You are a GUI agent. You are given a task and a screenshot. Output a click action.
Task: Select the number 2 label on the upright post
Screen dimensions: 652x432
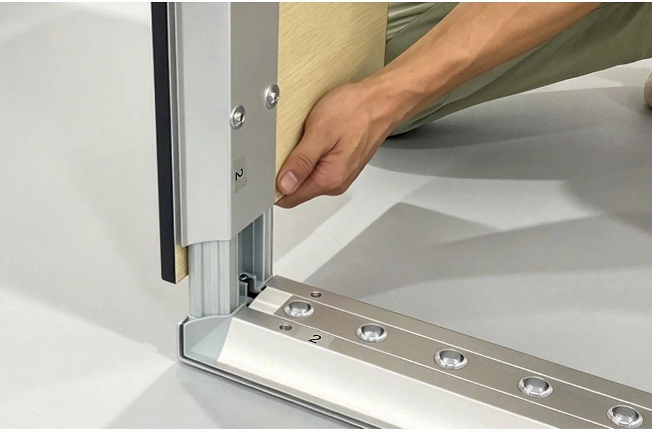(239, 173)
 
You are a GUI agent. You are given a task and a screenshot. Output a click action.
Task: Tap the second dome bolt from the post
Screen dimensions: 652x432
(372, 333)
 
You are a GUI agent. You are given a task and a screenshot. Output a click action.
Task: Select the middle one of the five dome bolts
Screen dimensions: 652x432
(451, 358)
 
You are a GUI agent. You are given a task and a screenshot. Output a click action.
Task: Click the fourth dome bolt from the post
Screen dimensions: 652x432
(535, 387)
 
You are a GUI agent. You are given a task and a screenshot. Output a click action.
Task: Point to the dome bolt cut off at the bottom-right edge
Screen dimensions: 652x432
(625, 416)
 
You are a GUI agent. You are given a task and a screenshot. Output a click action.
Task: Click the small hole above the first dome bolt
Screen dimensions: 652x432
(316, 295)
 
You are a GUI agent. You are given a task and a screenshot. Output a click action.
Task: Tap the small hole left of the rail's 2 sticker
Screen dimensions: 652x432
(286, 327)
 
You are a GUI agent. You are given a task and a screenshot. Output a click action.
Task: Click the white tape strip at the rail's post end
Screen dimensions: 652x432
(269, 300)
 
